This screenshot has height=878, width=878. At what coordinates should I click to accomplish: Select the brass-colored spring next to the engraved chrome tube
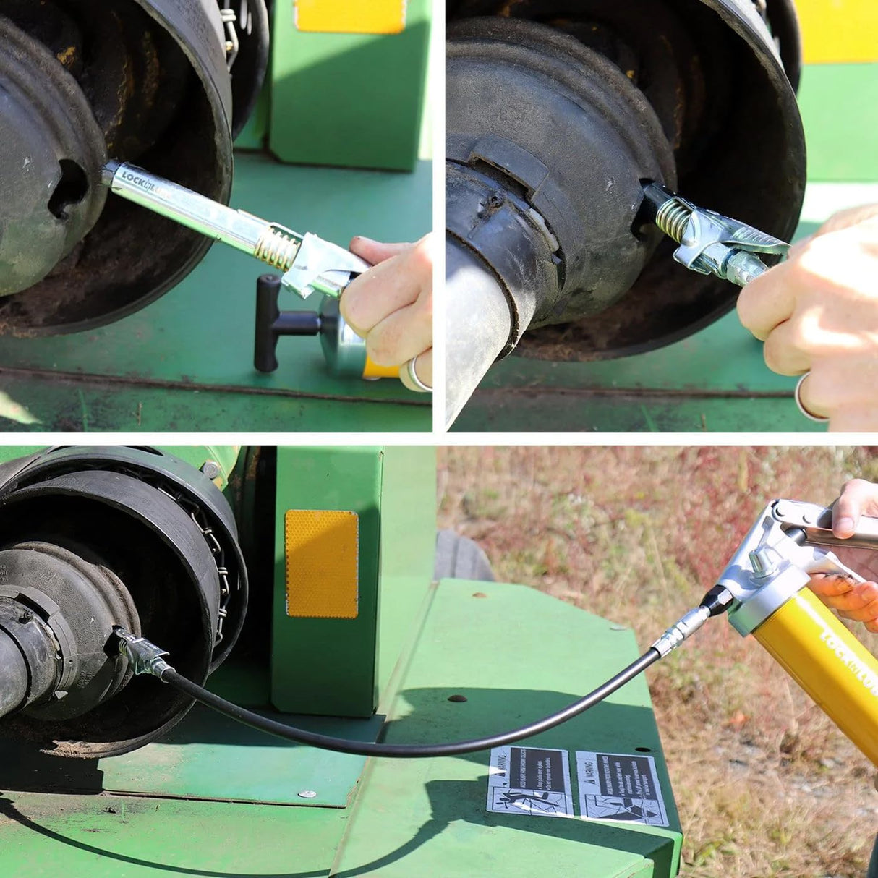(277, 245)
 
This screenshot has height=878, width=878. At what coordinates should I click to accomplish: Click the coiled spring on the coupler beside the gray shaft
(673, 218)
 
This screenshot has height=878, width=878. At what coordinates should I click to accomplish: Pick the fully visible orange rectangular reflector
(322, 563)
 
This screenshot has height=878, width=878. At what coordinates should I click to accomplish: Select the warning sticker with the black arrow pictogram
(621, 788)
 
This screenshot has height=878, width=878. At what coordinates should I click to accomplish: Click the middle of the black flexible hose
(405, 745)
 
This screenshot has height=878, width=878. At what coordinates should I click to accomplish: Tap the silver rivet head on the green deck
(308, 794)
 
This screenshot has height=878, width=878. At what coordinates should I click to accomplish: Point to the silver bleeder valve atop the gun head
(759, 561)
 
